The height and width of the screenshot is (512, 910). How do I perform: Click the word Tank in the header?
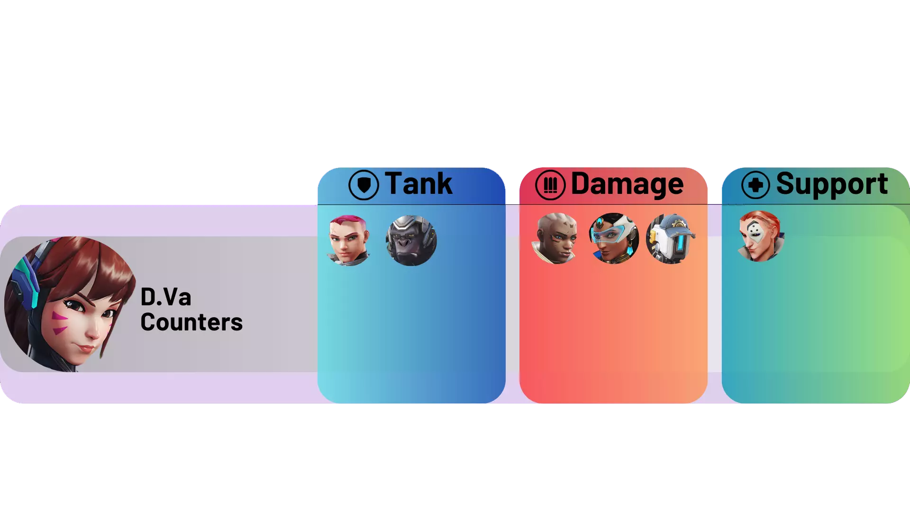pos(418,183)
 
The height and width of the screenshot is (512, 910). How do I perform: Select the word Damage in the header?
pos(627,184)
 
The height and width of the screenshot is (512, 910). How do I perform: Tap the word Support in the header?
pos(832,183)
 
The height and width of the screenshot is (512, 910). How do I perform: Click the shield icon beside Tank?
pos(364,185)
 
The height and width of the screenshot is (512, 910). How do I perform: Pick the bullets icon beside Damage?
pos(550,185)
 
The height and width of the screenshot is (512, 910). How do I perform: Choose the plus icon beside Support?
pos(755,184)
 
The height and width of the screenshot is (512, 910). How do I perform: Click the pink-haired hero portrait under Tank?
pos(348,240)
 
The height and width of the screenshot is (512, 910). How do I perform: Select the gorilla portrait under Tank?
pos(411,240)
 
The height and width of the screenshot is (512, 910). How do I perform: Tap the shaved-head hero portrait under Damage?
pos(556,238)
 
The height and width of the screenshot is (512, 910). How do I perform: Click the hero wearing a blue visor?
pos(614,238)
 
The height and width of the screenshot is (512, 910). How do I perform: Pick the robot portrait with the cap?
pos(671,238)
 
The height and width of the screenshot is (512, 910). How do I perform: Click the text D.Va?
pos(166,297)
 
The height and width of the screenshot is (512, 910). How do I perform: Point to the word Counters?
pos(191,322)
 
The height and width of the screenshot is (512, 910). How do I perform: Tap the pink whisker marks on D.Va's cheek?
pos(59,322)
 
